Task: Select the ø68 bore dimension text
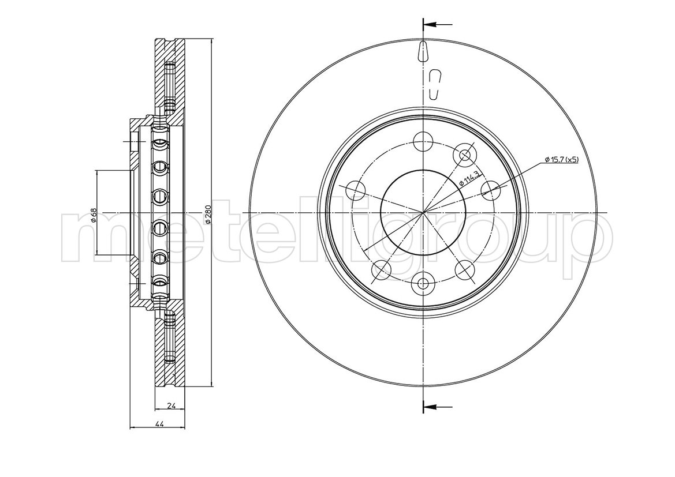93,214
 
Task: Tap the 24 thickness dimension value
170,405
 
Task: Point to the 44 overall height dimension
158,424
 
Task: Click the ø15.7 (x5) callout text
562,159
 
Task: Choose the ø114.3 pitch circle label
469,178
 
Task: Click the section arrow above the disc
437,25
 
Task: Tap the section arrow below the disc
437,406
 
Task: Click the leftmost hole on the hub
356,189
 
